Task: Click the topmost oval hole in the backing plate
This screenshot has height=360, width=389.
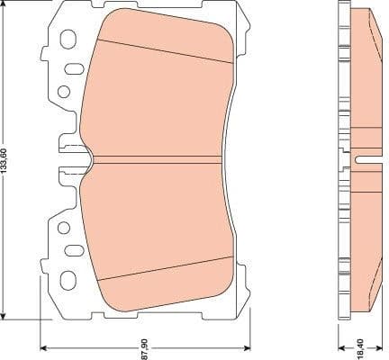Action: tap(67, 40)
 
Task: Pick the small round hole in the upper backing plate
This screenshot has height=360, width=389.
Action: tap(63, 91)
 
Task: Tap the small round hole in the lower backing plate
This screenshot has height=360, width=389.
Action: tap(63, 229)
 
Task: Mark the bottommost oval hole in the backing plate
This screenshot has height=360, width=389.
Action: tap(67, 280)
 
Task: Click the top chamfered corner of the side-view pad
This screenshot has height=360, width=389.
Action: tap(369, 20)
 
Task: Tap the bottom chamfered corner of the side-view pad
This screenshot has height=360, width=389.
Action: tap(369, 302)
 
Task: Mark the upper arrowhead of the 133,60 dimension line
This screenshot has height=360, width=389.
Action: tap(7, 5)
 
